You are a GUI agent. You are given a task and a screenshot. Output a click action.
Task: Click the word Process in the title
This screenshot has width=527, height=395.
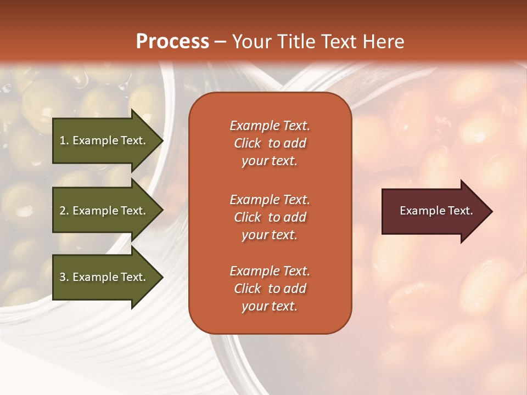pyautogui.click(x=172, y=42)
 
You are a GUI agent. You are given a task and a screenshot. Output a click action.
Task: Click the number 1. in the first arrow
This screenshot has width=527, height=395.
pyautogui.click(x=64, y=140)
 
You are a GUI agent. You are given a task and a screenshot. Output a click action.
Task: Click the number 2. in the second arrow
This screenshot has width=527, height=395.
pyautogui.click(x=64, y=211)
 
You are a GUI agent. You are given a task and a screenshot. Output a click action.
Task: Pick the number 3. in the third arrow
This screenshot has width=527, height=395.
pyautogui.click(x=64, y=277)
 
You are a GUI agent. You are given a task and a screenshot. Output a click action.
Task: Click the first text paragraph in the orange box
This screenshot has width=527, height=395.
pyautogui.click(x=270, y=143)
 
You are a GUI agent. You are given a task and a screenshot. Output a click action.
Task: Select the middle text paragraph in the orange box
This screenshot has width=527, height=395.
pyautogui.click(x=270, y=217)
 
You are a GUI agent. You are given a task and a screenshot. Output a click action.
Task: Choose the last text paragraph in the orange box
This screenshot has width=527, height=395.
pyautogui.click(x=270, y=289)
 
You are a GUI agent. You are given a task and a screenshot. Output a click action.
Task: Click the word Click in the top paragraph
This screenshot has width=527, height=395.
pyautogui.click(x=247, y=143)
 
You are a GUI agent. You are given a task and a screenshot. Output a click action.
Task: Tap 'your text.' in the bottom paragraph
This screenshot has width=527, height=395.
pyautogui.click(x=270, y=306)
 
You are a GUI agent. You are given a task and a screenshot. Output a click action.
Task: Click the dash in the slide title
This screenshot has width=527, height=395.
pyautogui.click(x=220, y=42)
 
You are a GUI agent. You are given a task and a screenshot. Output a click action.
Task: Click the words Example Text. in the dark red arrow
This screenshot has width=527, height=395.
pyautogui.click(x=436, y=211)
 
